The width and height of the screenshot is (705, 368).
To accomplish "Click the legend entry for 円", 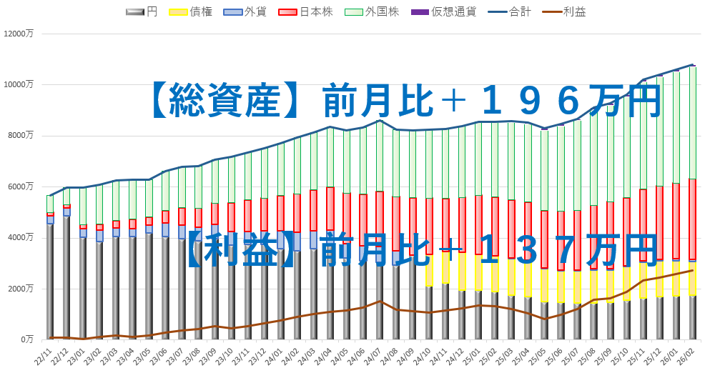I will pyautogui.click(x=141, y=11).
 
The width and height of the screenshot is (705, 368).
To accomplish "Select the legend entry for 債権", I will pyautogui.click(x=191, y=11).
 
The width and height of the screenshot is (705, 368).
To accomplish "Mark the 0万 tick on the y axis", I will pyautogui.click(x=27, y=339).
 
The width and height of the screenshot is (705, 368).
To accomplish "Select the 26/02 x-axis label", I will pyautogui.click(x=688, y=353).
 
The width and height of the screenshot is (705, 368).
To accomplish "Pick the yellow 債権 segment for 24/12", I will pyautogui.click(x=462, y=272).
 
